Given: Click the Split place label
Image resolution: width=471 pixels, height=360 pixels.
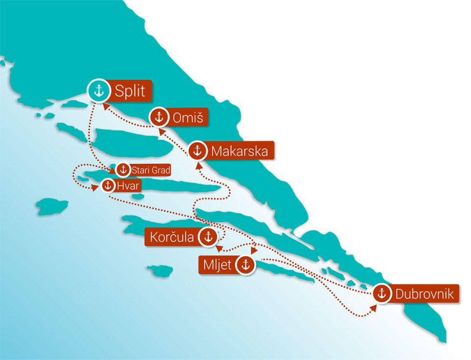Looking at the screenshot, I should pos(130,91).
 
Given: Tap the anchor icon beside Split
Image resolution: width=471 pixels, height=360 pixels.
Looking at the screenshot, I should pos(99,91).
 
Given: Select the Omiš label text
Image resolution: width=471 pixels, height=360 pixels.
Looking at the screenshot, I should pos(184,118).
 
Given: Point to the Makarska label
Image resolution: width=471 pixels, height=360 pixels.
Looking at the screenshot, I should pos(239,151).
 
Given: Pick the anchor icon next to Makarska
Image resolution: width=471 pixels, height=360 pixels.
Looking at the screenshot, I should pos(197,150).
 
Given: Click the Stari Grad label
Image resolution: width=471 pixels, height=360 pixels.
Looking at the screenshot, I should pos(151,170).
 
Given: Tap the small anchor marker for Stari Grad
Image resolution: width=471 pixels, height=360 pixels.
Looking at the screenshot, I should pos(123,170).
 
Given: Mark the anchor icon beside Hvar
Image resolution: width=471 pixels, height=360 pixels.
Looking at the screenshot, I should pos(107,186).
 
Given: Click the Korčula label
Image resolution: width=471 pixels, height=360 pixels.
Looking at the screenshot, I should pos(172,237).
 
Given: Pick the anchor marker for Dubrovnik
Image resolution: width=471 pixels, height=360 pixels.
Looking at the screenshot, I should pos(382,294).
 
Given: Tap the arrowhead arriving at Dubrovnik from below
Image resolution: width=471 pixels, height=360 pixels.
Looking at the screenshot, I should pos(374,307).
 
